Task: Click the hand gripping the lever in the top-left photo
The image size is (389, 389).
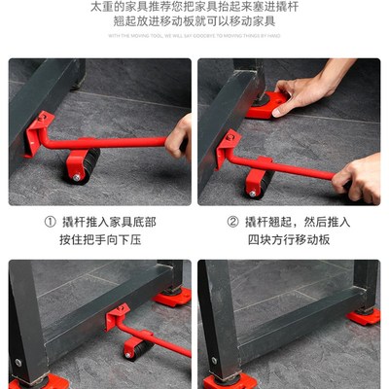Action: [178, 135]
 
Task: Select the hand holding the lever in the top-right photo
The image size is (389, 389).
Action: [360, 175]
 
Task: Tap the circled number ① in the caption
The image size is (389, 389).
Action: [50, 221]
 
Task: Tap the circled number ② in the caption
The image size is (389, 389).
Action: [232, 221]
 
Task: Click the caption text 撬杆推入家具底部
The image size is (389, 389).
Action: [106, 221]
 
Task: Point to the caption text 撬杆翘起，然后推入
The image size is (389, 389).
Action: [298, 221]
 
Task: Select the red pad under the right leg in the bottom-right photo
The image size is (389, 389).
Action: [365, 315]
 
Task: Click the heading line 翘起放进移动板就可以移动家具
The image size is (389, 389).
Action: [194, 20]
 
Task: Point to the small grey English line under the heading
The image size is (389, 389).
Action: [194, 36]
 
